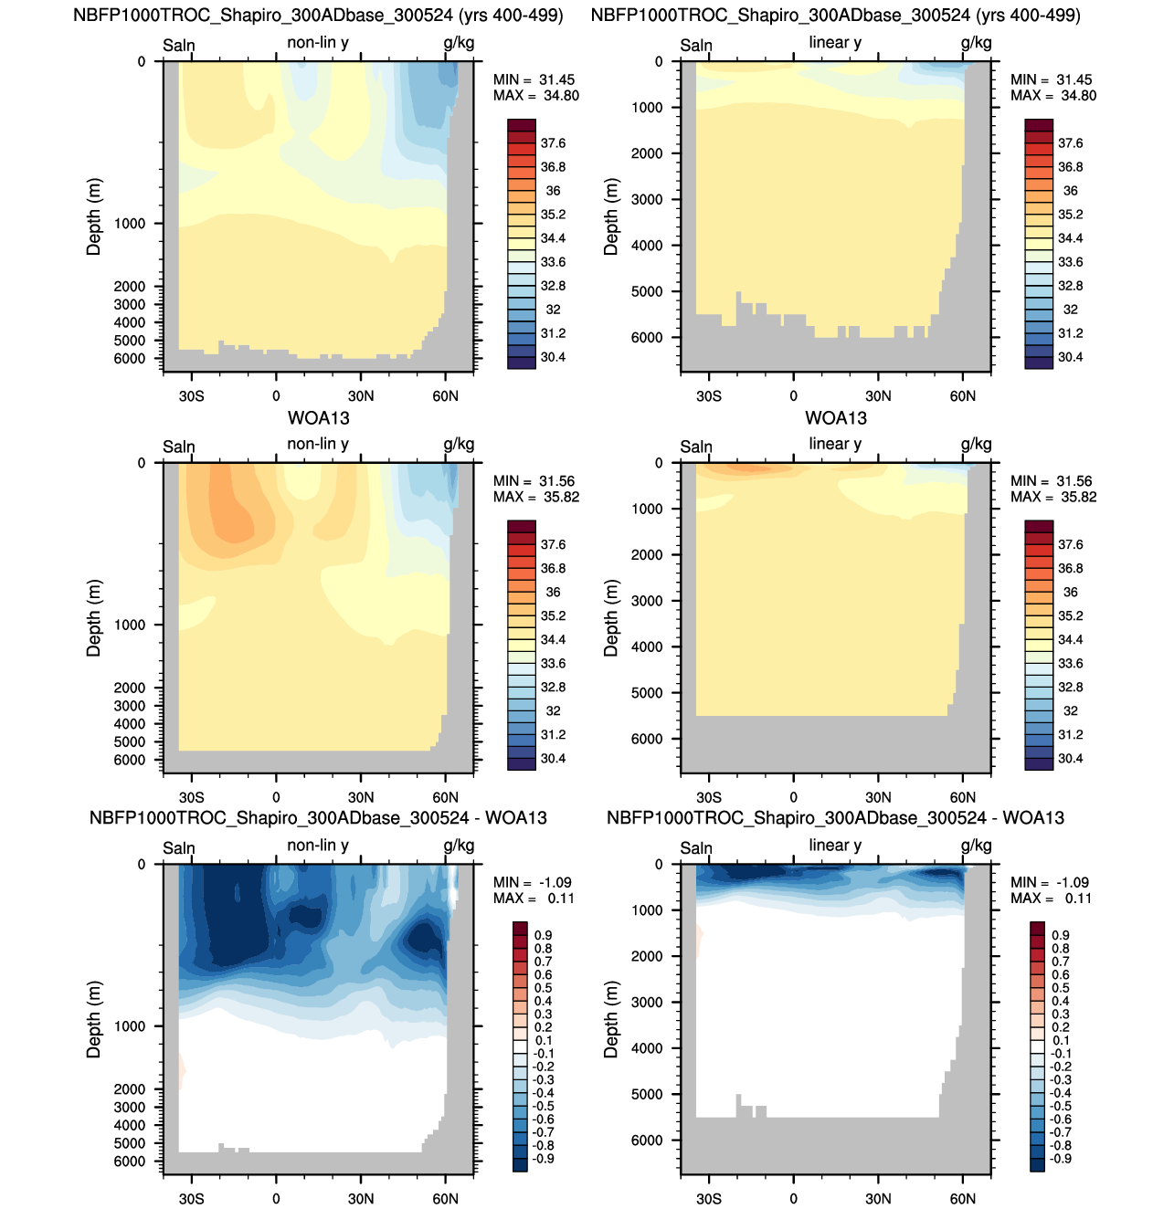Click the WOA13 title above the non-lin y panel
(x=318, y=418)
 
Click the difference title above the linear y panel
(x=835, y=818)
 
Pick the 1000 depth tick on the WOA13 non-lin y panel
(x=130, y=625)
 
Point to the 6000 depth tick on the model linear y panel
(x=647, y=337)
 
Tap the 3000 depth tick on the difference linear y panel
(x=647, y=1002)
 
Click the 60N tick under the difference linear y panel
(x=963, y=1198)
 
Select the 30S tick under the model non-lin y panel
(x=191, y=395)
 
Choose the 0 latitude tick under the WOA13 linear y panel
(x=793, y=797)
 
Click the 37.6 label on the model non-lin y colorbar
(x=553, y=143)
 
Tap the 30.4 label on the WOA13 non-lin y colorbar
(x=553, y=758)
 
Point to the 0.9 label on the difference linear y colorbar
(x=1060, y=935)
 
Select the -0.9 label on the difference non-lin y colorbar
(x=543, y=1159)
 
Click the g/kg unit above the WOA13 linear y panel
(x=976, y=444)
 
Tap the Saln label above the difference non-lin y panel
(x=179, y=848)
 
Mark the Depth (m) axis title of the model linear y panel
(x=611, y=216)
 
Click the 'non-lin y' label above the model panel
(x=318, y=43)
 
